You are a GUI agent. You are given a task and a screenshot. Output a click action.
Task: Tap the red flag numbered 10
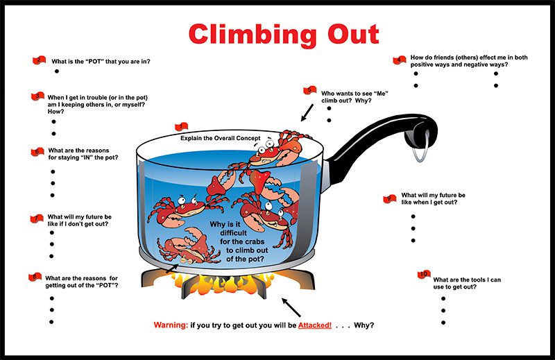point(425,274)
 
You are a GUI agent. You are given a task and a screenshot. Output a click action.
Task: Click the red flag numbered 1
point(181,126)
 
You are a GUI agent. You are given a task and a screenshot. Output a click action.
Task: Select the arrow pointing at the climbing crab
point(307,113)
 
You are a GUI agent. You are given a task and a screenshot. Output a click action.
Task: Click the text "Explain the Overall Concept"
point(220,138)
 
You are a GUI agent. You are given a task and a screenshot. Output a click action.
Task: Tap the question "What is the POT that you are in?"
point(101,61)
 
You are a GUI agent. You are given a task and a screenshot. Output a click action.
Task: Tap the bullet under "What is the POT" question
point(57,71)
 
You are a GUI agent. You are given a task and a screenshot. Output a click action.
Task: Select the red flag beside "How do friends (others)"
point(399,60)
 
